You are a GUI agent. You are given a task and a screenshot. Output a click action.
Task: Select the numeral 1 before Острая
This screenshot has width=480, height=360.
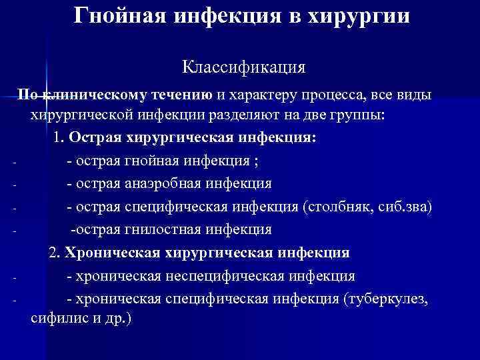[57, 138]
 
